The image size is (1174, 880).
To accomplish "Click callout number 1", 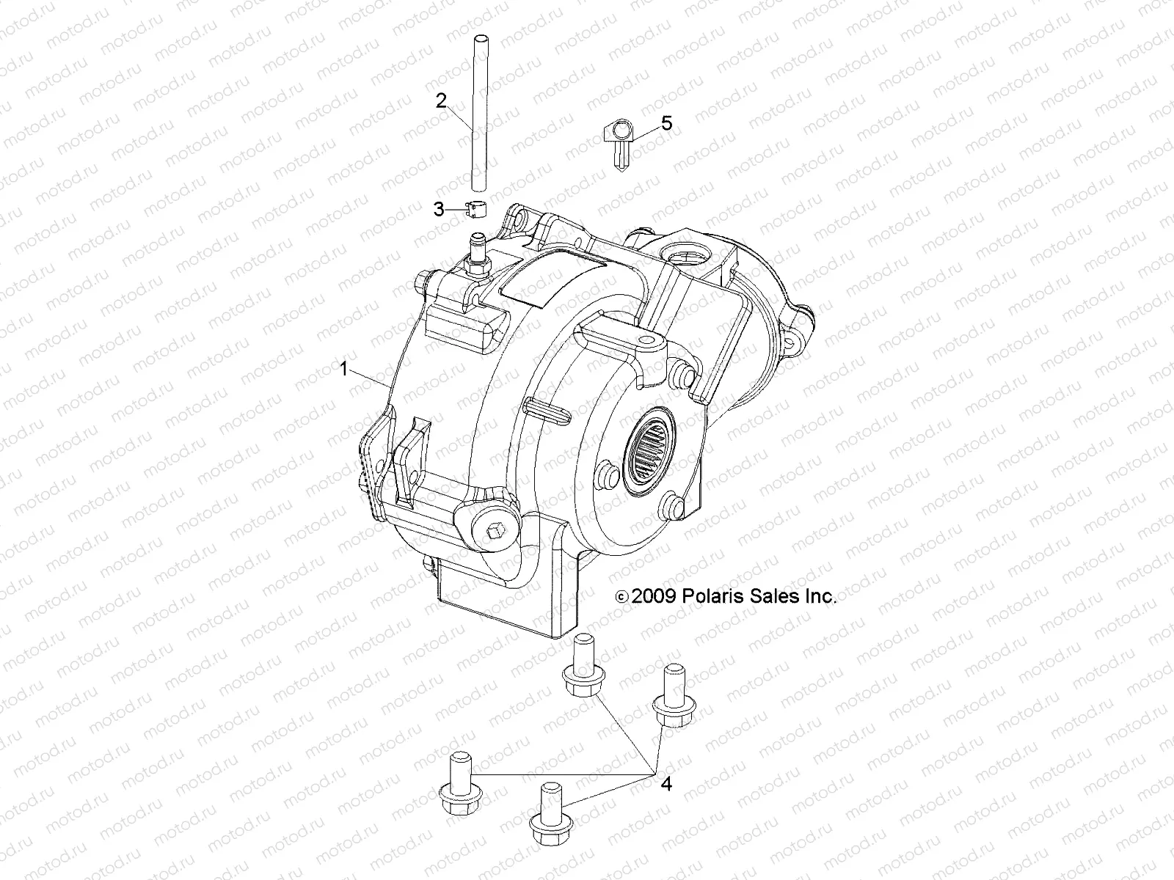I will coord(343,370).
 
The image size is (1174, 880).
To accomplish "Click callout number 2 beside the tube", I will coord(441,101).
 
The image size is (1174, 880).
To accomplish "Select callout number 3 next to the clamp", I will coord(439,210).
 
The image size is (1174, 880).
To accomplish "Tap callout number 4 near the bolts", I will coord(666,784).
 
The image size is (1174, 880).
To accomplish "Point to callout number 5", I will coord(687,123).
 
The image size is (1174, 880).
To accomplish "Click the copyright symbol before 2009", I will coord(621,597).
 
